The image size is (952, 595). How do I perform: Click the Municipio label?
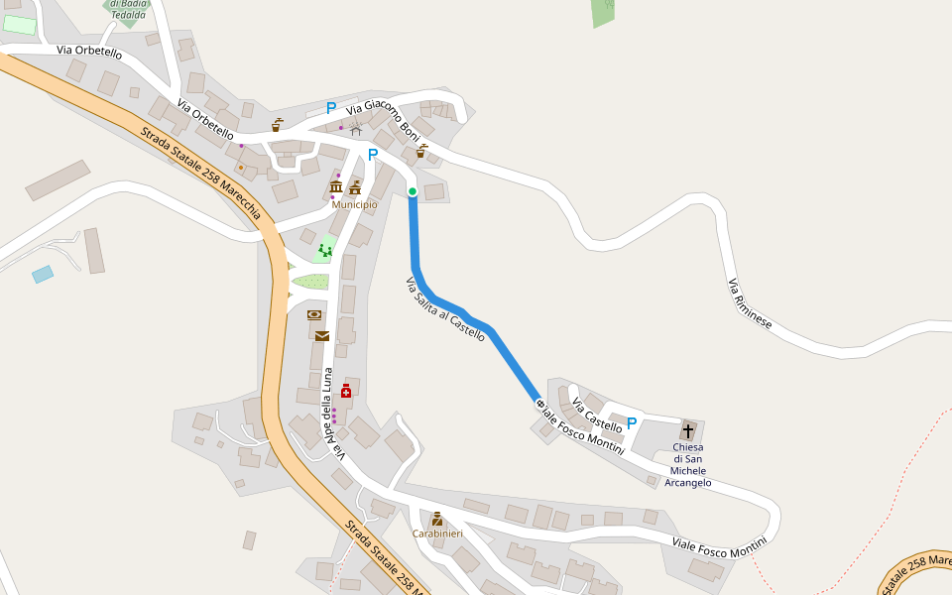[354, 204]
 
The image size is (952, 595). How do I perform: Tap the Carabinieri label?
[437, 534]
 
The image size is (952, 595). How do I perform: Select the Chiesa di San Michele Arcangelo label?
[687, 465]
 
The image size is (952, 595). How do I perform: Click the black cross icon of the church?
[688, 431]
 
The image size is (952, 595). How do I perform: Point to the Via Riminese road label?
[750, 304]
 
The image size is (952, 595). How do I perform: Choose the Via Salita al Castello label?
[445, 309]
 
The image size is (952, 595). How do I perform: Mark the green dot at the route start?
[413, 191]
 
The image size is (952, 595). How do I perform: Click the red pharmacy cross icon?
[345, 392]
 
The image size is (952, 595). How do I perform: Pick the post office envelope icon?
[322, 336]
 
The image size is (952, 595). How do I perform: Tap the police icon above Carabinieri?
[437, 519]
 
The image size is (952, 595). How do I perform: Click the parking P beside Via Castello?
[632, 423]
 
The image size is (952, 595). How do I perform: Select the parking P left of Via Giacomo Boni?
[331, 108]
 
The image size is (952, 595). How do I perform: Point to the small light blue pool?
[43, 274]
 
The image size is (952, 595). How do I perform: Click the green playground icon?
[324, 251]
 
